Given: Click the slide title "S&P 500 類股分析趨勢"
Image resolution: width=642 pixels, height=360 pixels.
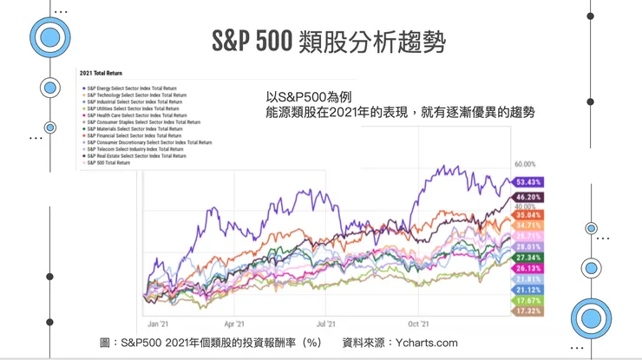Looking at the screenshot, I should pyautogui.click(x=331, y=41).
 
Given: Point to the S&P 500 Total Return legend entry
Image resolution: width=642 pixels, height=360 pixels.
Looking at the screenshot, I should pyautogui.click(x=109, y=162).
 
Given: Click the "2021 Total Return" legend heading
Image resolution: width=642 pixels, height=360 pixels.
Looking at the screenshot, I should pyautogui.click(x=100, y=74).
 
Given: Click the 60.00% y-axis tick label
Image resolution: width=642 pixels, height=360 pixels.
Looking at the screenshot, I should pyautogui.click(x=526, y=164).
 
